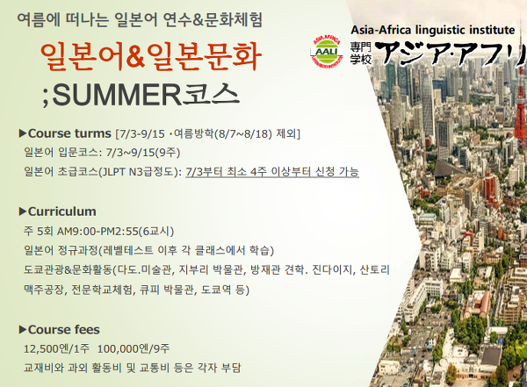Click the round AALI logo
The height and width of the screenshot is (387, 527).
click(x=326, y=51)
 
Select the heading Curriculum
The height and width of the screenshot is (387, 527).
click(x=62, y=211)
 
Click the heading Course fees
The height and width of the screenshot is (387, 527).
click(x=64, y=330)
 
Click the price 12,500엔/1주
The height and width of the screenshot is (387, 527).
click(x=56, y=348)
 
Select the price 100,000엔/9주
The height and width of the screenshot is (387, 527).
click(x=134, y=348)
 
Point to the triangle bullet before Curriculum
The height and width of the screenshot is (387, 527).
click(x=23, y=211)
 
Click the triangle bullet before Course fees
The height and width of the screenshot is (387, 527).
click(x=23, y=330)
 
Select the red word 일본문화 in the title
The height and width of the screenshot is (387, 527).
click(x=204, y=56)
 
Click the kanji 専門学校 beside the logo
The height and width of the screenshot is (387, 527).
click(x=361, y=53)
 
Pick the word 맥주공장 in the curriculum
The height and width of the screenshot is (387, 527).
click(x=44, y=290)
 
